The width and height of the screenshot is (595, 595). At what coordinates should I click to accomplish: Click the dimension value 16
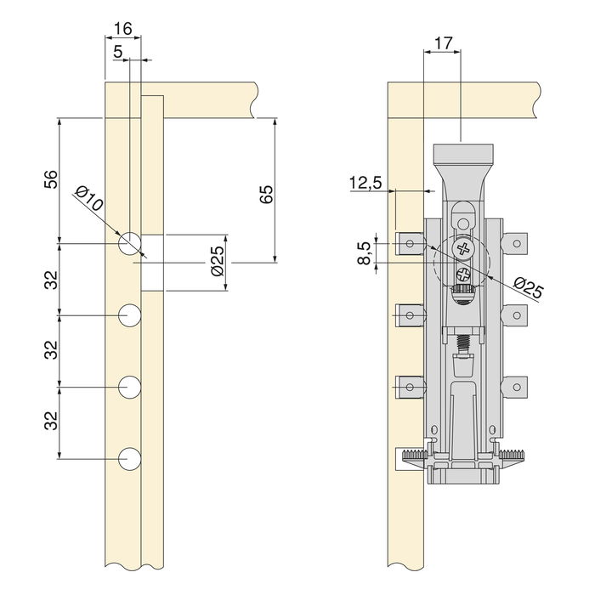click(122, 28)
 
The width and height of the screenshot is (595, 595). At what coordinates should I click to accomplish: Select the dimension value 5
click(117, 51)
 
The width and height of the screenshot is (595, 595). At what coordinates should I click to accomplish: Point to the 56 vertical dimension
click(51, 179)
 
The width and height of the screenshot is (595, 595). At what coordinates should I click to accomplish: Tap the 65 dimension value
click(266, 193)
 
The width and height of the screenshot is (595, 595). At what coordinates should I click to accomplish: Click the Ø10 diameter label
click(89, 202)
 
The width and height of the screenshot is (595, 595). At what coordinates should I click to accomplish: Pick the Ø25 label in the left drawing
click(216, 261)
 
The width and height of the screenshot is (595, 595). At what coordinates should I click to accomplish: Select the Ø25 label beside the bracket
click(528, 288)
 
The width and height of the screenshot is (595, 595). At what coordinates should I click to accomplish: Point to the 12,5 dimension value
click(365, 183)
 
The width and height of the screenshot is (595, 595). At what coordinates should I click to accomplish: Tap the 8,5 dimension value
click(365, 252)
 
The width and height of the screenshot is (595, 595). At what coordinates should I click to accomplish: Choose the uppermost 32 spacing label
click(51, 279)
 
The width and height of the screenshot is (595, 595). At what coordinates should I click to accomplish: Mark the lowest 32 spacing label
click(51, 422)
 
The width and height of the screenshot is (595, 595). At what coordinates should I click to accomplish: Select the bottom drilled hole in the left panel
click(129, 459)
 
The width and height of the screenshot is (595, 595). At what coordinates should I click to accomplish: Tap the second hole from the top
click(129, 315)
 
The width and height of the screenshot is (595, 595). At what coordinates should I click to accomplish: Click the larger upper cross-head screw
click(463, 249)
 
